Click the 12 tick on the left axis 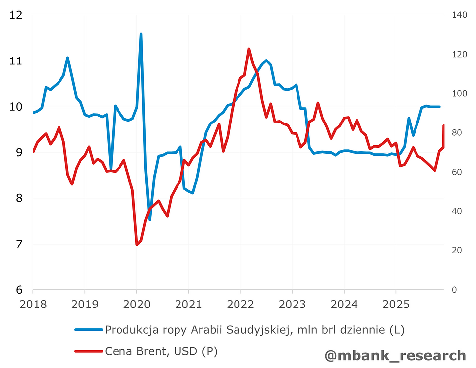coord(16,15)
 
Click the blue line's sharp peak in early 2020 coord(141,34)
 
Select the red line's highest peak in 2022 coord(249,49)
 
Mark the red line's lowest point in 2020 coord(137,245)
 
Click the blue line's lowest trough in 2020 coord(150,219)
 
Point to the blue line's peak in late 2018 coord(67,58)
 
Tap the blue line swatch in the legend coord(89,329)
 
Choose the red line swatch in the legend coord(89,351)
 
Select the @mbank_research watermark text coord(395,355)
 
